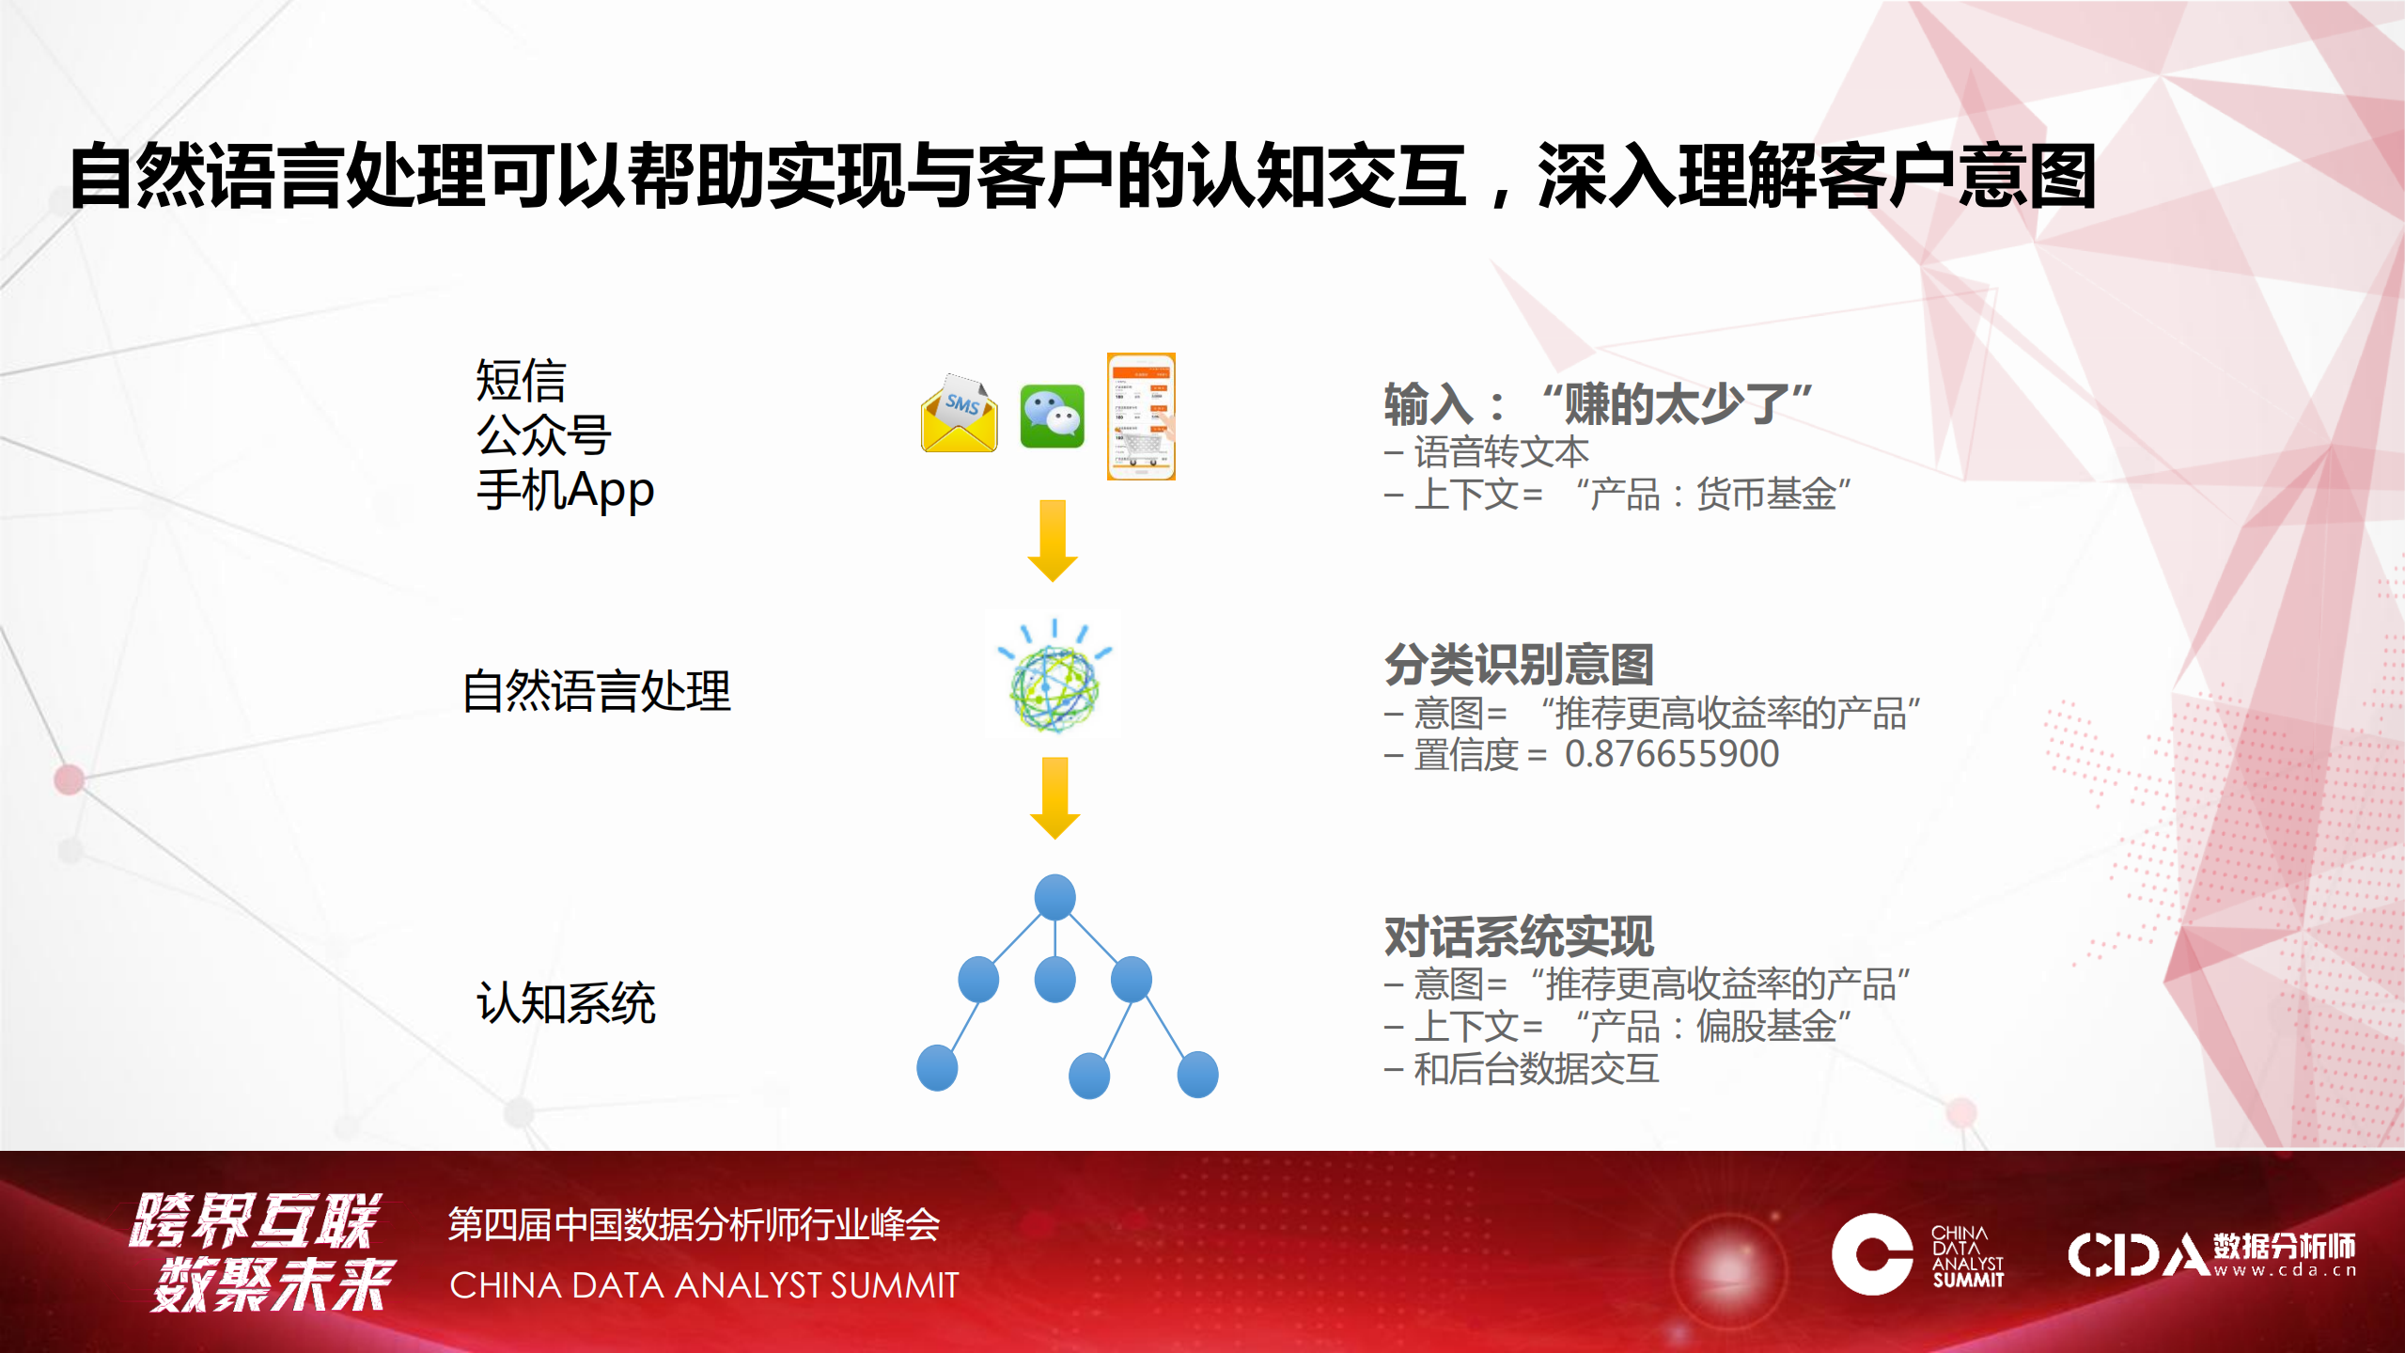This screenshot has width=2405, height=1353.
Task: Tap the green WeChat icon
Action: [1052, 417]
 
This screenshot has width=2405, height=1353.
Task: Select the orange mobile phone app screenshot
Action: [1141, 417]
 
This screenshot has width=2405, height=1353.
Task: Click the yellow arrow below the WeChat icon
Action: [1052, 541]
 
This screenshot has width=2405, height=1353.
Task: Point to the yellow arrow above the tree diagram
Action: [1054, 797]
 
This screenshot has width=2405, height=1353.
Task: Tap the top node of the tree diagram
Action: [1054, 897]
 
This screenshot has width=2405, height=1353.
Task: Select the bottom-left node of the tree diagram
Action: [937, 1068]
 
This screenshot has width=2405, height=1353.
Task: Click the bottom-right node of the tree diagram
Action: [1197, 1075]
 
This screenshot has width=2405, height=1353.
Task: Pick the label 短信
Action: [521, 381]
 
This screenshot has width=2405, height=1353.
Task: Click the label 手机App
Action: [565, 491]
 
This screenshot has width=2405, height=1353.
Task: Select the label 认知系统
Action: [566, 1002]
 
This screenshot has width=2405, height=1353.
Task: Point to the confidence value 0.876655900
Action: [1671, 754]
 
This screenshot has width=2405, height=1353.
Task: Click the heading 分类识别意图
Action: [1519, 664]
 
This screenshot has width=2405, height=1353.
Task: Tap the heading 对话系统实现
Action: [1519, 936]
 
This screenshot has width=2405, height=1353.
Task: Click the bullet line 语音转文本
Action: [1500, 452]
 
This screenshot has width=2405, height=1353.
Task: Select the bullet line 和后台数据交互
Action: [1536, 1069]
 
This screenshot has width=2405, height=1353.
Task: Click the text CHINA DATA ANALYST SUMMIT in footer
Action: [704, 1285]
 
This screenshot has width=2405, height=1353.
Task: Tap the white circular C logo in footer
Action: [1871, 1254]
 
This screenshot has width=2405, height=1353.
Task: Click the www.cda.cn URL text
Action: [2285, 1270]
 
